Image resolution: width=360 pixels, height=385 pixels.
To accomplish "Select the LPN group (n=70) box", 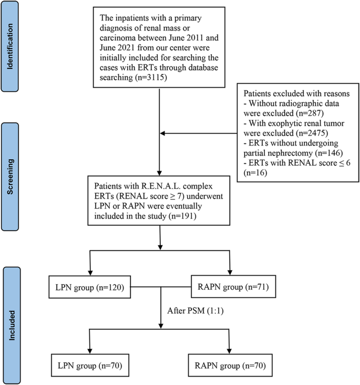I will pos(92,363).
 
